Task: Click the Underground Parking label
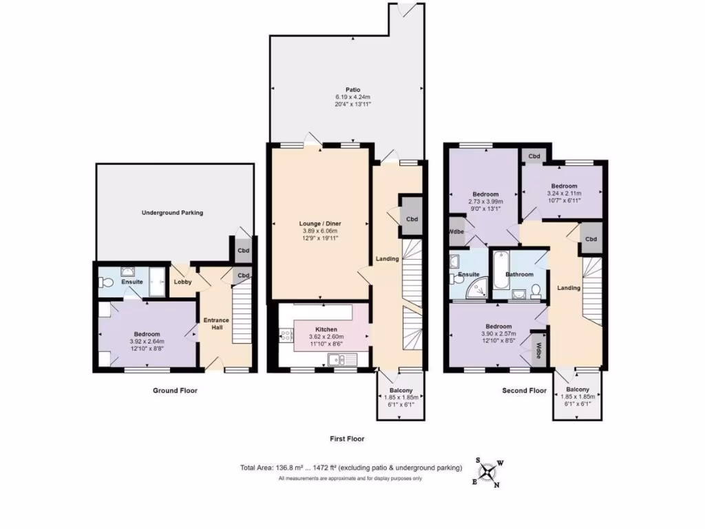(x=172, y=213)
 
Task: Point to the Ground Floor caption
(x=174, y=391)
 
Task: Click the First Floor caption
(x=346, y=438)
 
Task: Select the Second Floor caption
(x=524, y=391)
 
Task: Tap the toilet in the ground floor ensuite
(x=105, y=282)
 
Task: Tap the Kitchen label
(x=326, y=330)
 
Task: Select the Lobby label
(x=182, y=282)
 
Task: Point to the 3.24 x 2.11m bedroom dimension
(x=564, y=194)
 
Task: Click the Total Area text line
(x=350, y=468)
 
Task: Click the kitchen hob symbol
(x=284, y=337)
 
